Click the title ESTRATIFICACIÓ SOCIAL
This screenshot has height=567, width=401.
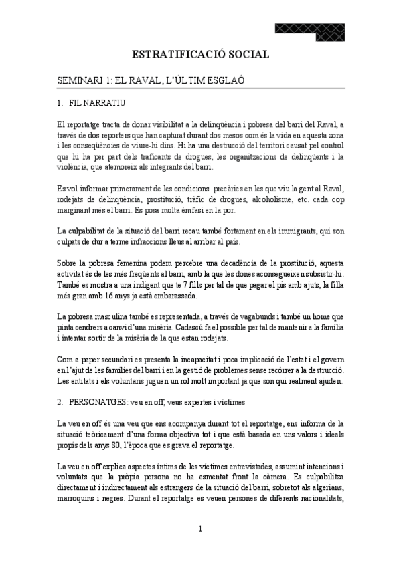(200, 54)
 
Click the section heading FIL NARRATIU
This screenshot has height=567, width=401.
(94, 103)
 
